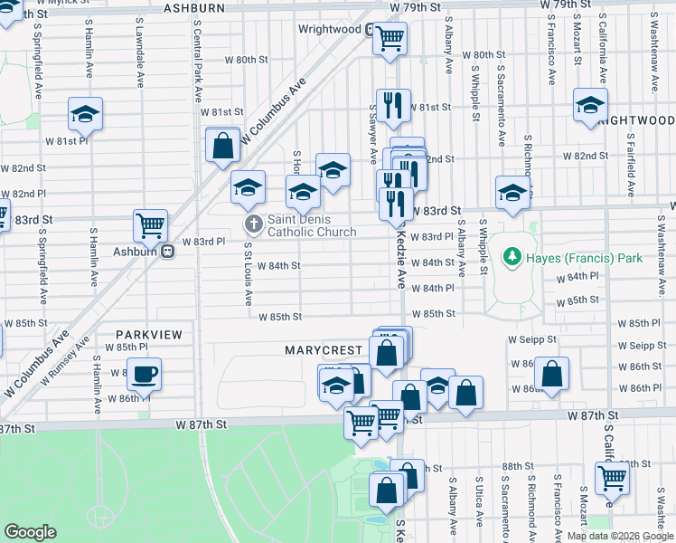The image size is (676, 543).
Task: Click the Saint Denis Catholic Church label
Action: click(x=312, y=225)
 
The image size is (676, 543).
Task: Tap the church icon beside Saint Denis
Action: click(x=254, y=224)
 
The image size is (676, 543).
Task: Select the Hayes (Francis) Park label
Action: click(x=584, y=258)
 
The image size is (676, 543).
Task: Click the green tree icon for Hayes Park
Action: click(x=513, y=258)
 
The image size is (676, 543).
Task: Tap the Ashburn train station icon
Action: click(x=167, y=252)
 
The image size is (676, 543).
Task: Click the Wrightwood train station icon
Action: click(x=371, y=29)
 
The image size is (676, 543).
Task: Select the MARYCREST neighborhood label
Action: click(x=324, y=348)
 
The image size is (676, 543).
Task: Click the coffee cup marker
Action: click(x=143, y=373)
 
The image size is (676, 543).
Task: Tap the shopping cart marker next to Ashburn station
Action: click(x=150, y=224)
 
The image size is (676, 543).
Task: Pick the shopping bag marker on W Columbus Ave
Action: click(x=222, y=145)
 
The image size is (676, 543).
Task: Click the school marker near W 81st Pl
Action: click(x=86, y=113)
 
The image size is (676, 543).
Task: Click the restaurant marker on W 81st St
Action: click(x=393, y=105)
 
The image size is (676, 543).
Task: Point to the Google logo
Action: click(x=30, y=532)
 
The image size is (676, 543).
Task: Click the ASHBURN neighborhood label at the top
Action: click(x=193, y=8)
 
